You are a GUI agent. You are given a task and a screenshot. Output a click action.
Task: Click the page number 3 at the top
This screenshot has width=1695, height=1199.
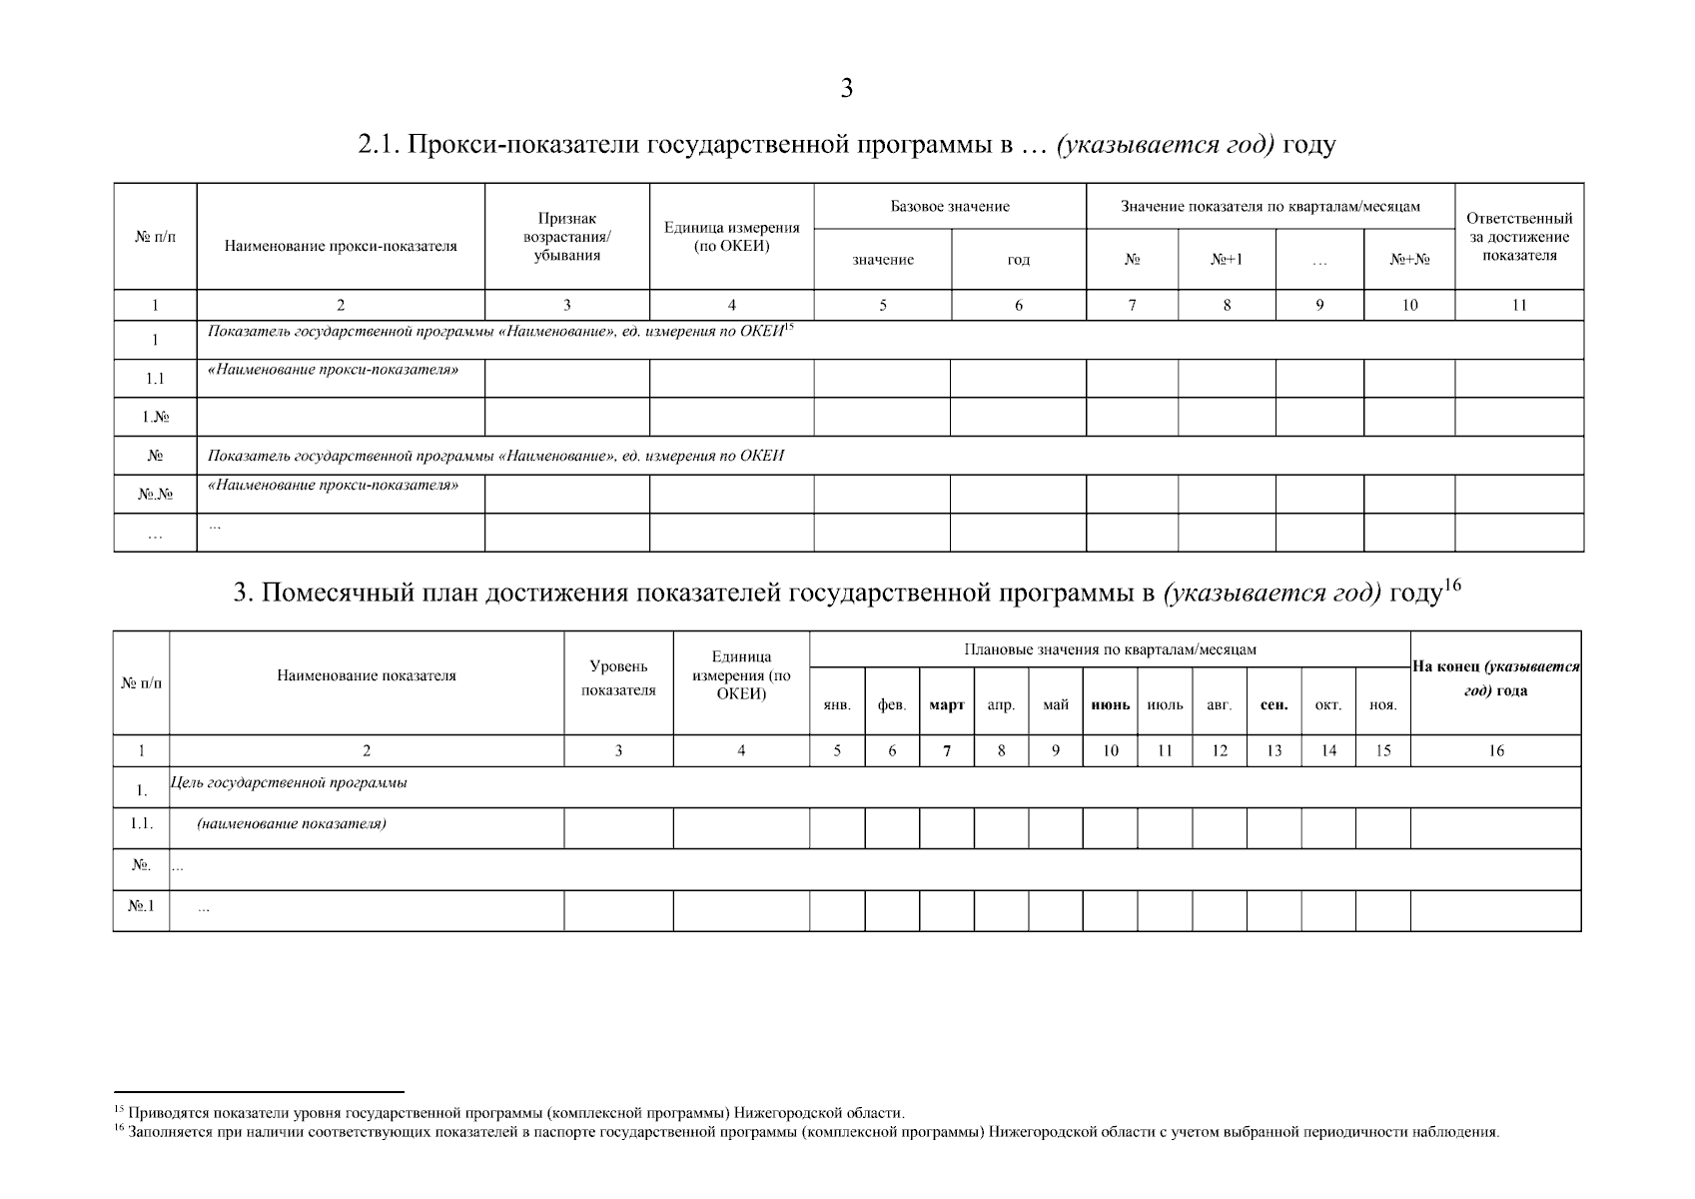pos(846,89)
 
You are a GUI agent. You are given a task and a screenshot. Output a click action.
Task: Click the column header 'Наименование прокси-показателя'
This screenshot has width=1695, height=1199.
pos(341,246)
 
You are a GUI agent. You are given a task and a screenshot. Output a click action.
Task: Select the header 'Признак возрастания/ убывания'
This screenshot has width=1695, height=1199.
pos(566,237)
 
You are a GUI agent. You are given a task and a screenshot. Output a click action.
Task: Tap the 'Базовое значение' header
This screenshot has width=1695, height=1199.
pos(949,207)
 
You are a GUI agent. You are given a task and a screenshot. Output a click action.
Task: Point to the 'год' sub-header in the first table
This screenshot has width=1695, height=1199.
pos(1018,260)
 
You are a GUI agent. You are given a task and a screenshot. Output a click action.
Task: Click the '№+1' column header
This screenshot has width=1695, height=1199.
pos(1227,260)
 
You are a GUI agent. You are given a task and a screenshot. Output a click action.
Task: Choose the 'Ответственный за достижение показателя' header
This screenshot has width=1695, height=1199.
pos(1518,237)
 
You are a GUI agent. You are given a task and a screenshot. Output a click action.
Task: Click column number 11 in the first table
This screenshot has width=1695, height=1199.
pos(1518,306)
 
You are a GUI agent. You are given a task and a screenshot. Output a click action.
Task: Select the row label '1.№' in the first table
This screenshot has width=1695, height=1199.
pos(155,418)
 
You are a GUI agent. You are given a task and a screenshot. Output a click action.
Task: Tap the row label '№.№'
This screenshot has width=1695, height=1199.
pos(155,495)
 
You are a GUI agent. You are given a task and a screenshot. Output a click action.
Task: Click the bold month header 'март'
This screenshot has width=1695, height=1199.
pos(946,705)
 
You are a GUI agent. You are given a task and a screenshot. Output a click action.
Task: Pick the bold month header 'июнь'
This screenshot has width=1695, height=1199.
pos(1110,705)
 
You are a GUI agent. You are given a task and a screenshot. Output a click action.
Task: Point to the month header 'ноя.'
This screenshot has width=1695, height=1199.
pos(1382,705)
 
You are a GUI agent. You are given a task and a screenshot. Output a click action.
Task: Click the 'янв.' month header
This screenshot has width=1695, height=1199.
pos(836,705)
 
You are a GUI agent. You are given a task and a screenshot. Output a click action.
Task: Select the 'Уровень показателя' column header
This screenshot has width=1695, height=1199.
pos(618,677)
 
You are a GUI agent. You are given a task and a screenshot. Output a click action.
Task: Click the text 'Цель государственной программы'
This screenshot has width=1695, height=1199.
pos(290,782)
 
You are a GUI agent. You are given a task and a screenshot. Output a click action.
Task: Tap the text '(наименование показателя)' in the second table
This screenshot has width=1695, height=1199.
pos(291,824)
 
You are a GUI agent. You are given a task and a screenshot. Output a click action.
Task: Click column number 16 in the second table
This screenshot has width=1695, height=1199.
pos(1495,751)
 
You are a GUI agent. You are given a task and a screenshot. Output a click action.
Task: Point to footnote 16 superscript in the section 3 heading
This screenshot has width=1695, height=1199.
pos(1453,586)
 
